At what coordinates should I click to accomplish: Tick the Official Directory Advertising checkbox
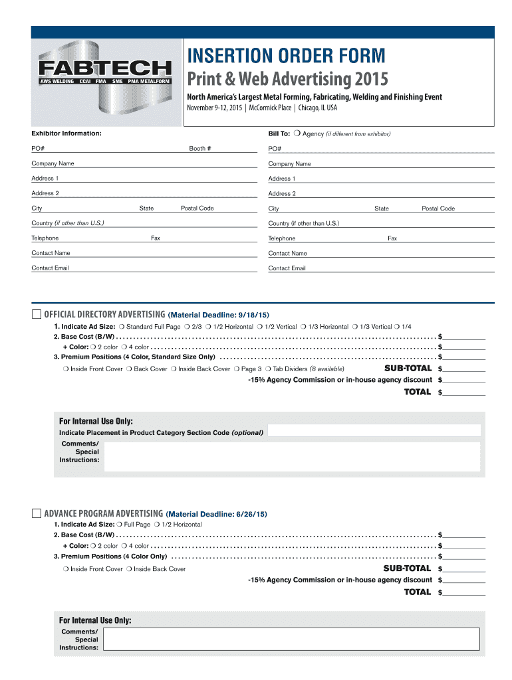tap(36, 314)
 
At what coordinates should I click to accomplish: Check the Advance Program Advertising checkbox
tap(36, 513)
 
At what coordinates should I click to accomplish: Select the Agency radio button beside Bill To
tap(297, 133)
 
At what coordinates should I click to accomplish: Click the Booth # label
tap(200, 149)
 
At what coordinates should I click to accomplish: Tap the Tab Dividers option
tap(268, 369)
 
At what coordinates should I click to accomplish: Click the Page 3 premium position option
tap(237, 369)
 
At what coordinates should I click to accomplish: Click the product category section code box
tap(374, 431)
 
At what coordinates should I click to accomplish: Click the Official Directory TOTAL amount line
tap(464, 393)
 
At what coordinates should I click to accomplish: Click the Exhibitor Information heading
tap(66, 133)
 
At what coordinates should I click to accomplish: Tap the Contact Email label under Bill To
tap(287, 268)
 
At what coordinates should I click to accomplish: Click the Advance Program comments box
tap(292, 638)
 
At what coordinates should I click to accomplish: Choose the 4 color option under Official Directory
tap(124, 347)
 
